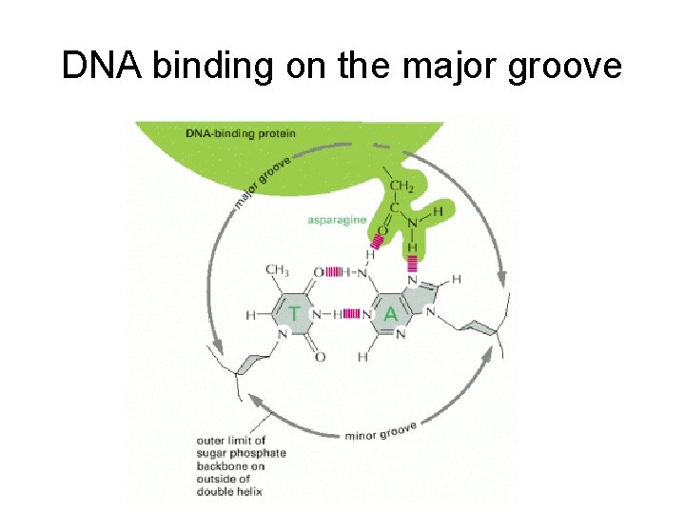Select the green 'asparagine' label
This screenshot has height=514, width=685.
click(x=338, y=220)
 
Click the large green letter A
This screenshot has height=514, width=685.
click(x=389, y=313)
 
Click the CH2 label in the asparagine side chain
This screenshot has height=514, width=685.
click(x=401, y=187)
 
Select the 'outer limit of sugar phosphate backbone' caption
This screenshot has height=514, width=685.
click(x=242, y=466)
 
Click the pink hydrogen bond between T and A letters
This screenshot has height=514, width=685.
click(x=351, y=313)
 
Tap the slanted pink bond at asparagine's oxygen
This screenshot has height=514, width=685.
click(x=377, y=242)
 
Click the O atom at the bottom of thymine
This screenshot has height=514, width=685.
click(x=320, y=357)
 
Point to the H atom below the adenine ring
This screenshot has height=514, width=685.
click(x=363, y=357)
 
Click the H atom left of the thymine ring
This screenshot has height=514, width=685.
click(x=251, y=313)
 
